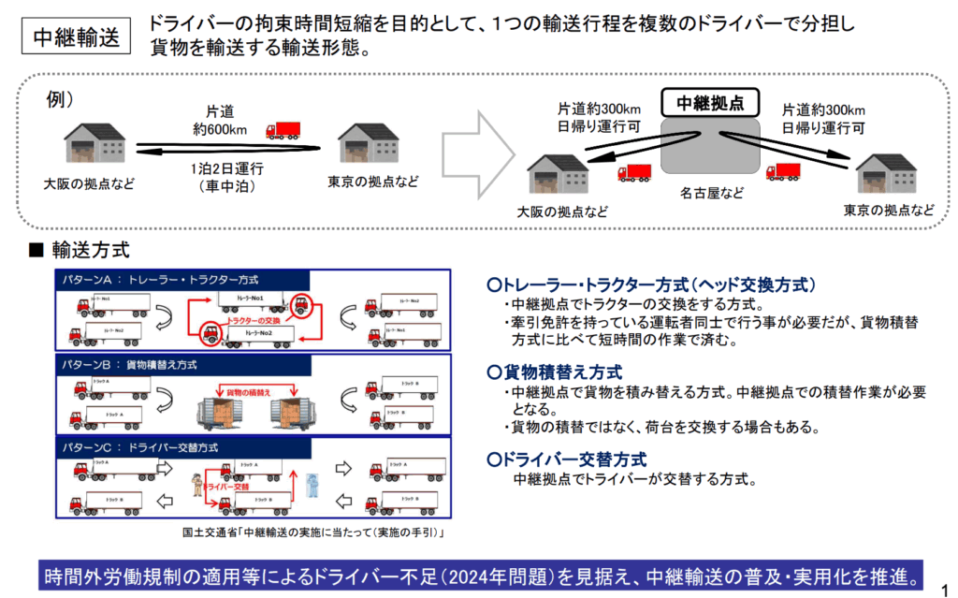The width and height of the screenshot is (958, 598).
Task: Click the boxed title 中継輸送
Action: [x=77, y=36]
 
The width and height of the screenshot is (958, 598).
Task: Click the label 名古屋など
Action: [x=712, y=193]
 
